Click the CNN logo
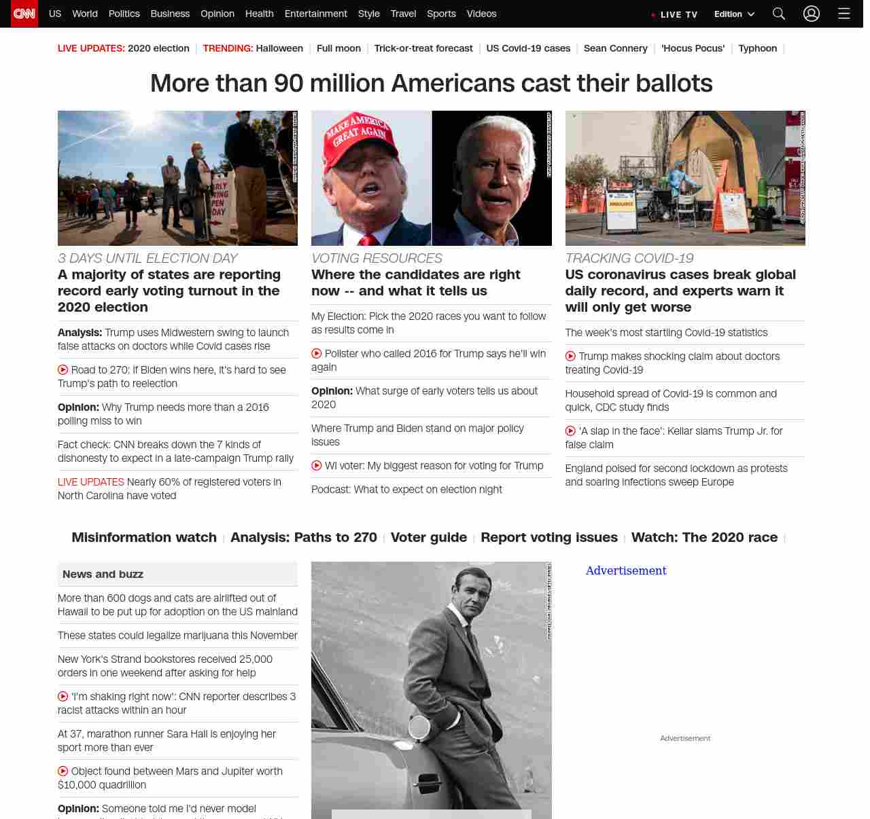click(24, 14)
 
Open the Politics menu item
click(124, 14)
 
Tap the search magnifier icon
click(779, 14)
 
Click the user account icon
click(812, 14)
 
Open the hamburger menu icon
click(844, 14)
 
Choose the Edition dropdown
click(734, 14)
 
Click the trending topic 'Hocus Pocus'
click(693, 48)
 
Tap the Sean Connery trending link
click(615, 48)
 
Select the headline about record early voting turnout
click(169, 291)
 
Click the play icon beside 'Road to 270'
click(63, 370)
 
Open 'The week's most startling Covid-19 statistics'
click(666, 333)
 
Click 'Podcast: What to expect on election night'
click(406, 490)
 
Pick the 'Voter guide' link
click(429, 537)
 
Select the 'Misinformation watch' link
click(144, 537)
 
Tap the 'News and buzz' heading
click(103, 575)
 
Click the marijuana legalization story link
click(177, 636)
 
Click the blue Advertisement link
click(626, 570)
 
